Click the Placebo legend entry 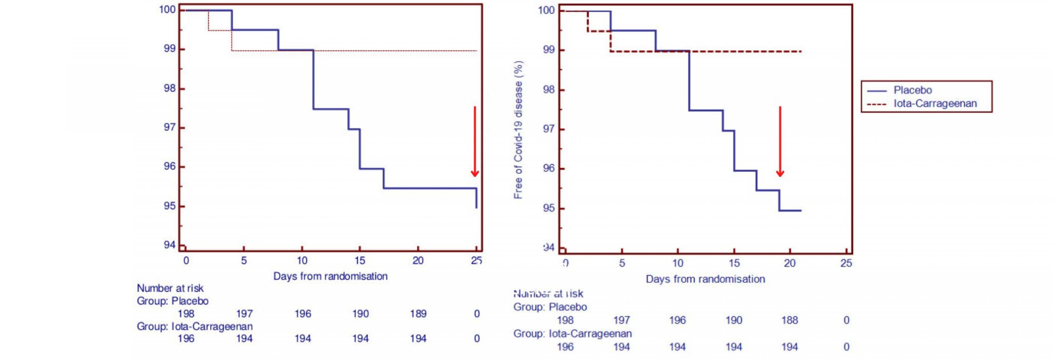coord(912,90)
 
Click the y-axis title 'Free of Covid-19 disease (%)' coord(518,130)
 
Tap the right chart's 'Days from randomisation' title coord(705,279)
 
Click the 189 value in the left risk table coord(418,314)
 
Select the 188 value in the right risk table coord(789,320)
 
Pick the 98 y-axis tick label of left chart coord(170,89)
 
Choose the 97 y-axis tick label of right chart coord(548,129)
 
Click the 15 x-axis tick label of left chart coord(360,261)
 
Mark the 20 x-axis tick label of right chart coord(789,263)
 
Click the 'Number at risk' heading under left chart coord(170,288)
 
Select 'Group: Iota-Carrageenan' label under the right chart coord(572,334)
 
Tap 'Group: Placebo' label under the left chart coord(172,301)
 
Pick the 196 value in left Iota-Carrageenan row coord(186,339)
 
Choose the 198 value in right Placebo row coord(565,320)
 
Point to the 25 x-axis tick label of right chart coord(846,263)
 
